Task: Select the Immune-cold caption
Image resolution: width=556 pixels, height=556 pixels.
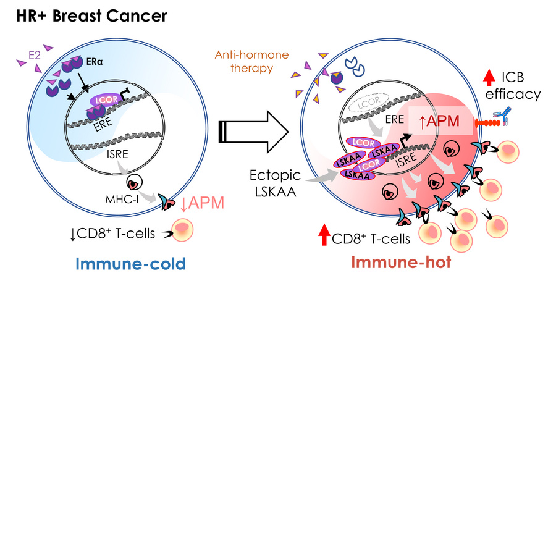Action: pos(130,264)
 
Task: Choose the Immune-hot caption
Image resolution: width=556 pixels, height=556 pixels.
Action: pos(400,263)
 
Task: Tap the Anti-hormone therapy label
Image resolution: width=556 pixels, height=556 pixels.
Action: pos(251,62)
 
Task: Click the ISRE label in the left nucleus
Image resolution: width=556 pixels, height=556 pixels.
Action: pos(118,161)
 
